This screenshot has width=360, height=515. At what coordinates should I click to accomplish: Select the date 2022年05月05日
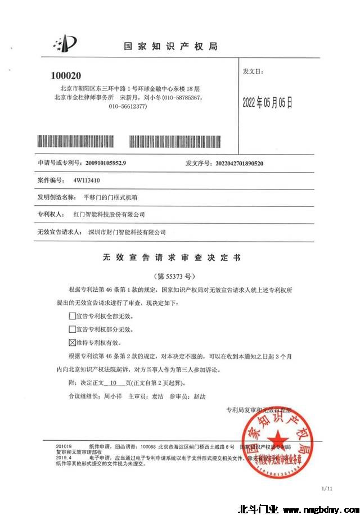pos(267,102)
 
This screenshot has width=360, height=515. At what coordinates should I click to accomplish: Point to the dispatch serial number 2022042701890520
pos(240,163)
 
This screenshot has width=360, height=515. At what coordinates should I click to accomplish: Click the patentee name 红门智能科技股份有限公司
pos(109,215)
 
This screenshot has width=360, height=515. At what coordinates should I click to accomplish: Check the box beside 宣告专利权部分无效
pos(72,329)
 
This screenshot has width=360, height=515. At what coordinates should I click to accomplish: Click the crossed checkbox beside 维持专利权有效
pos(72,342)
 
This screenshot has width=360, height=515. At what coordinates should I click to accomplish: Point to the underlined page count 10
pos(114,382)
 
